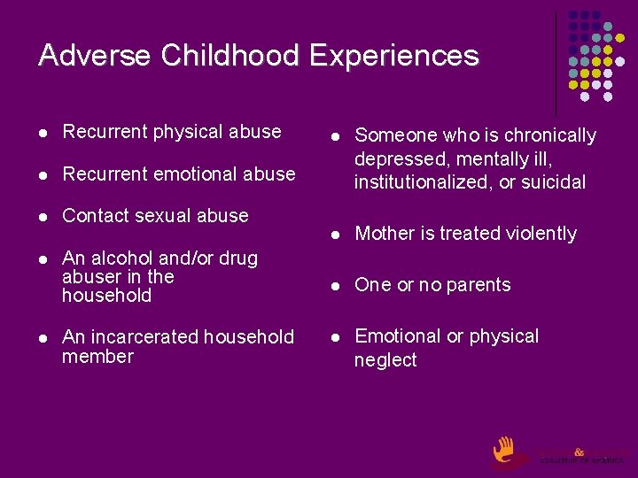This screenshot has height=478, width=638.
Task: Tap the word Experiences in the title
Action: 394,56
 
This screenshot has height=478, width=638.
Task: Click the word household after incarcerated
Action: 249,337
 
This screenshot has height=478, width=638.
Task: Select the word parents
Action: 478,285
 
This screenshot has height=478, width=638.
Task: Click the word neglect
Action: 385,360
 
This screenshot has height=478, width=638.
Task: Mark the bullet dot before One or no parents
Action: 336,286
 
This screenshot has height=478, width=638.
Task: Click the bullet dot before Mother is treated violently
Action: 336,235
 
